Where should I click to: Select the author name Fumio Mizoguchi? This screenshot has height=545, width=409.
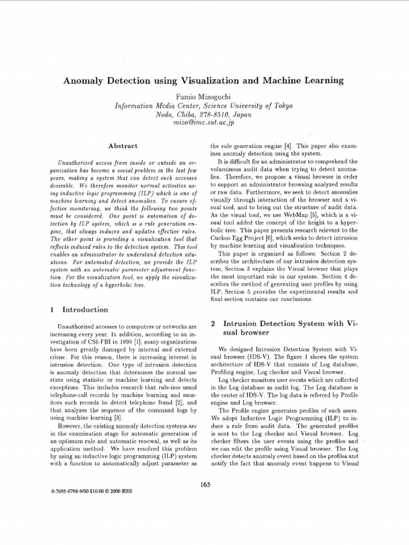pyautogui.click(x=204, y=96)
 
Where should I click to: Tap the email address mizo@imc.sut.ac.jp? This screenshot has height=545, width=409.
pyautogui.click(x=204, y=122)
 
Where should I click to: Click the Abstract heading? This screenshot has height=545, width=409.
pyautogui.click(x=123, y=145)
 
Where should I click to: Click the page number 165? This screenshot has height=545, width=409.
pyautogui.click(x=205, y=484)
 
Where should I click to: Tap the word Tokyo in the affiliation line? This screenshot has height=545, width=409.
pyautogui.click(x=281, y=105)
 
